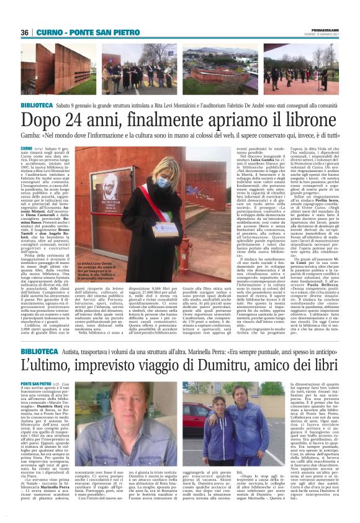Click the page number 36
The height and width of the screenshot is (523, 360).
coord(25,32)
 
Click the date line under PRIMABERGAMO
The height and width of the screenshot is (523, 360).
coord(322,35)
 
